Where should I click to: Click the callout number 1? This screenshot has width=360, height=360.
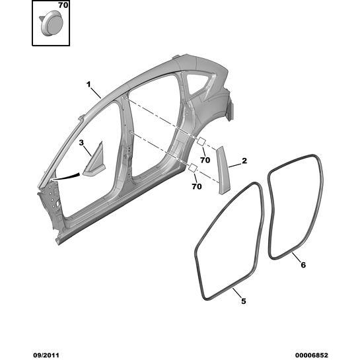tap(89, 85)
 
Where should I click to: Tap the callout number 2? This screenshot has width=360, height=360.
tap(244, 161)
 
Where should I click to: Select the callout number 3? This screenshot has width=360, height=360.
tap(81, 143)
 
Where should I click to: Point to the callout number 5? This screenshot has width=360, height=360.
tap(243, 301)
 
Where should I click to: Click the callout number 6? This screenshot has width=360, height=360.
tap(303, 265)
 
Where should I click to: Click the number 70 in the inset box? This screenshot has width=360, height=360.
tap(63, 5)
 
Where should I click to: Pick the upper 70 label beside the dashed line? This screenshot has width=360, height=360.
tap(205, 160)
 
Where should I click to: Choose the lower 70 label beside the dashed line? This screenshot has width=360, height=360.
tap(197, 186)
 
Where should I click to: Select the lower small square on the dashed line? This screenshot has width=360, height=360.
tap(192, 168)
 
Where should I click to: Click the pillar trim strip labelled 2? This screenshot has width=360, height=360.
tap(223, 170)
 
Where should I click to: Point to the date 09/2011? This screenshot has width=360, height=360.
tap(46, 355)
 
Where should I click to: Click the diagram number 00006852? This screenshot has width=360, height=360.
tap(311, 355)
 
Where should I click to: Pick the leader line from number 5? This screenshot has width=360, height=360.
tap(236, 293)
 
